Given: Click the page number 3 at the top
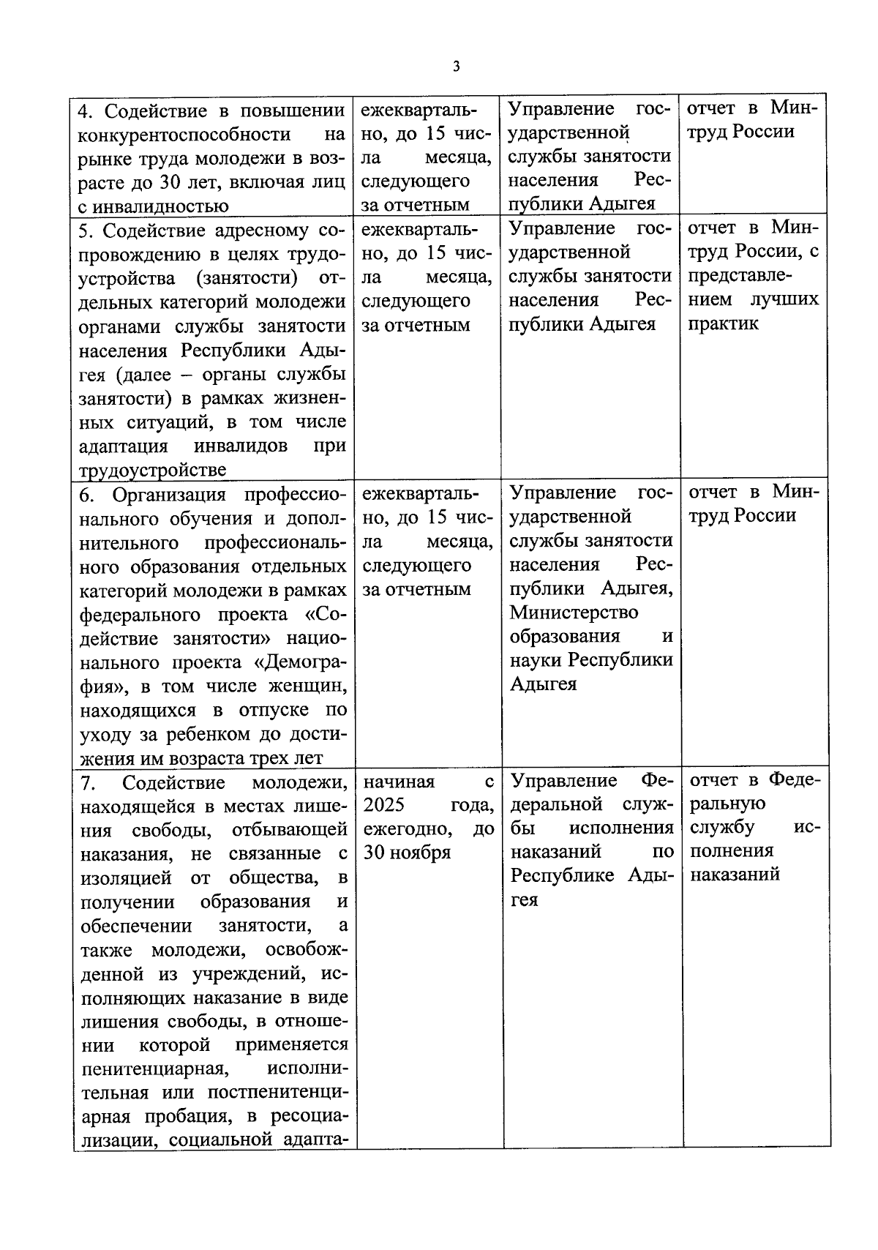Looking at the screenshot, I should (x=457, y=67).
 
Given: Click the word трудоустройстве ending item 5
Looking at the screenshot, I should (x=152, y=471).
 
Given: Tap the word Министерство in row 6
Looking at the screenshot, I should (x=574, y=612).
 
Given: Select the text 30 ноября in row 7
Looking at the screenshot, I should (x=407, y=853).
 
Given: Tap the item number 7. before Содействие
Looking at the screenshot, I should (x=88, y=783).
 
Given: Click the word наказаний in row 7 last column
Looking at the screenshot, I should (x=735, y=874).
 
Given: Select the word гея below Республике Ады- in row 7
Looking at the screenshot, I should (x=524, y=900).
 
